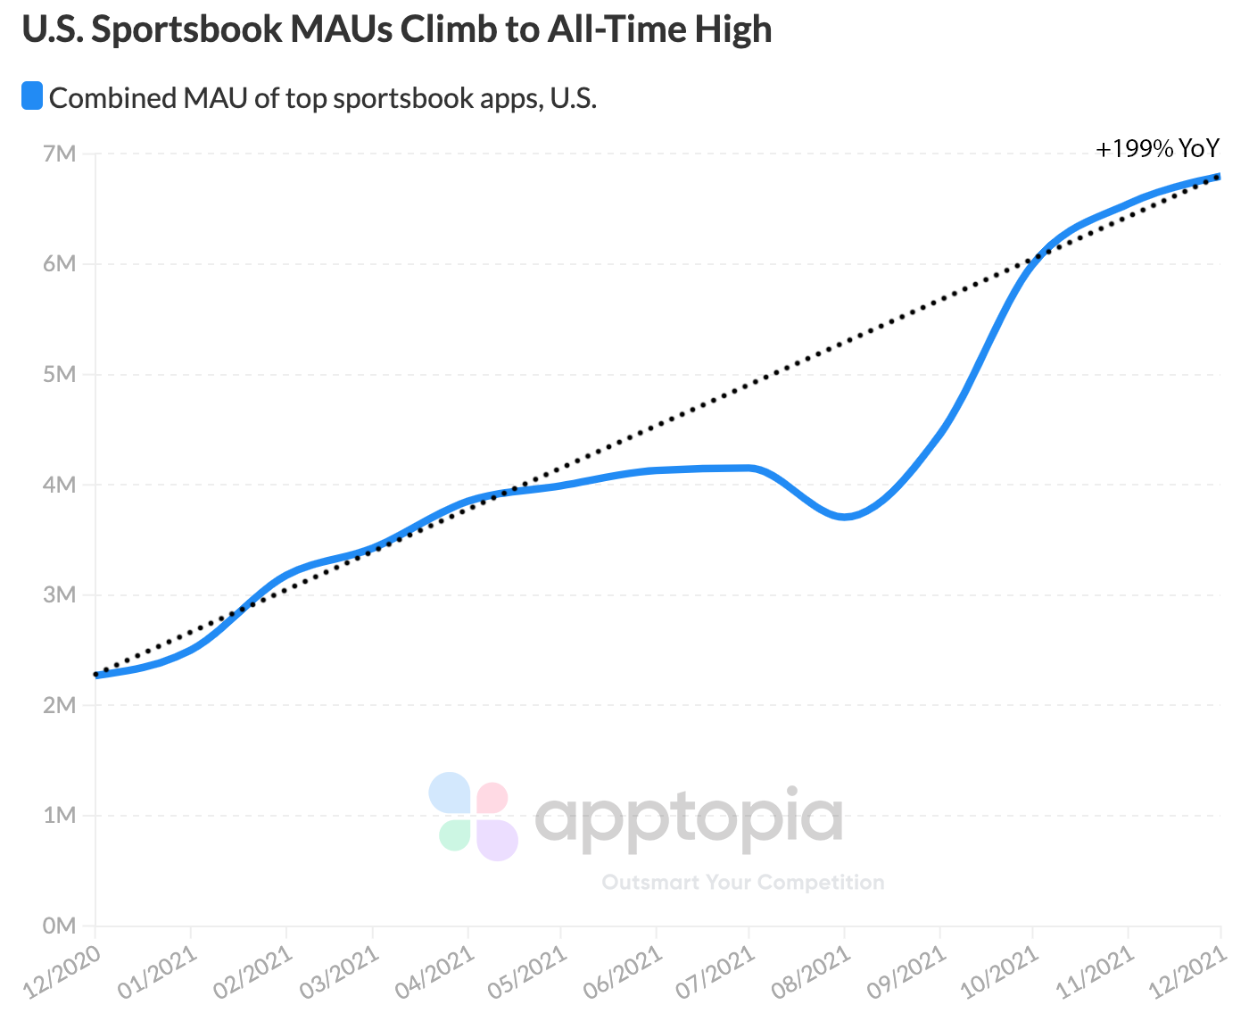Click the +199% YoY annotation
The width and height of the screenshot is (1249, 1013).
tap(1157, 149)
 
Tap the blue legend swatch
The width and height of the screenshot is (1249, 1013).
tap(32, 96)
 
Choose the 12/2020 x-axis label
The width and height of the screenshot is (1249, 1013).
tap(62, 973)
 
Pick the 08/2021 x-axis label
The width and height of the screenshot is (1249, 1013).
tap(812, 973)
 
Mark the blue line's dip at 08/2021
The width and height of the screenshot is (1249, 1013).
tap(844, 516)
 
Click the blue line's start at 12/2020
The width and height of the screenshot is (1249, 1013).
tap(96, 675)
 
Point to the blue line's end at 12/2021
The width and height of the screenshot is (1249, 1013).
tap(1219, 177)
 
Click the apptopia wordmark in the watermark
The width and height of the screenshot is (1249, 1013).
tap(689, 818)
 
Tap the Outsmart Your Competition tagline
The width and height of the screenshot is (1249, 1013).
tap(743, 883)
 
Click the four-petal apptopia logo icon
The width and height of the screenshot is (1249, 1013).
tap(474, 816)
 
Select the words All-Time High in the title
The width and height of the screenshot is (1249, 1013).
tap(659, 29)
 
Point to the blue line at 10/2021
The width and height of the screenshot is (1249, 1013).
tap(1033, 260)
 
